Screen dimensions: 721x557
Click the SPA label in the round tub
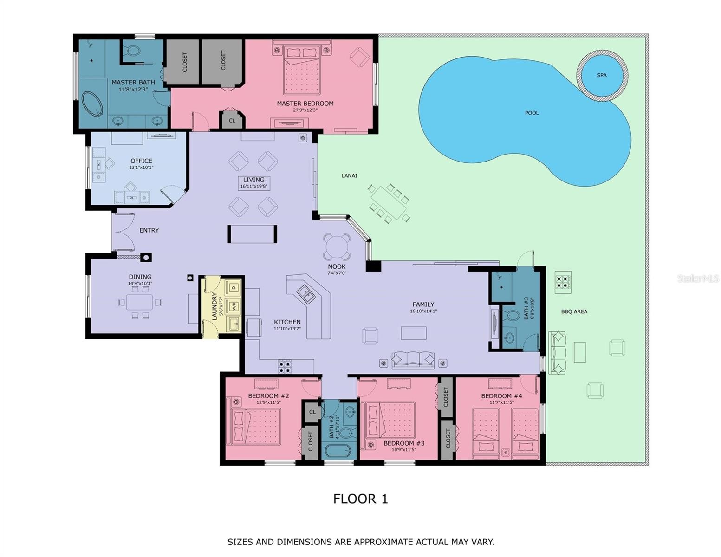pyautogui.click(x=601, y=75)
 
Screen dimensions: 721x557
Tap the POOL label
pyautogui.click(x=532, y=113)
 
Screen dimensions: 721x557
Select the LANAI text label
pyautogui.click(x=349, y=175)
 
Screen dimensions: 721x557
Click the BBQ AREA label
pyautogui.click(x=574, y=311)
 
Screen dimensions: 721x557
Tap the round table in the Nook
pyautogui.click(x=337, y=247)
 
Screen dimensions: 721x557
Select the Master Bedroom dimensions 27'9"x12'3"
pyautogui.click(x=305, y=110)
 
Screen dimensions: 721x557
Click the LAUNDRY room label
pyautogui.click(x=214, y=306)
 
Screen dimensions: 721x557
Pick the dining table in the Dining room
pyautogui.click(x=139, y=302)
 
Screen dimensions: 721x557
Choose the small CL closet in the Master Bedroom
pyautogui.click(x=232, y=120)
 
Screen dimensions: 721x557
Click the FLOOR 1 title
pyautogui.click(x=360, y=499)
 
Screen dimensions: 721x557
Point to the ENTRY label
pyautogui.click(x=149, y=230)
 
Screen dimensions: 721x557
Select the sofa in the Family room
pyautogui.click(x=413, y=360)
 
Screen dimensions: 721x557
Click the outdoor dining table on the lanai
pyautogui.click(x=389, y=203)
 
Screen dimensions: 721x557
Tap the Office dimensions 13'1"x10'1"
pyautogui.click(x=141, y=168)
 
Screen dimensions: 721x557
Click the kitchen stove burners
pyautogui.click(x=285, y=367)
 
